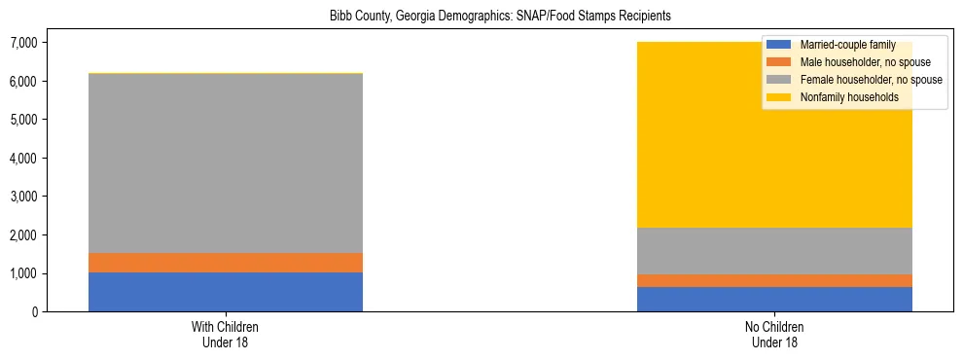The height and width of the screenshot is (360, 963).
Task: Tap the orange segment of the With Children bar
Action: coord(226,263)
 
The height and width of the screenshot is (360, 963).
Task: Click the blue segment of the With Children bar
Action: coord(226,292)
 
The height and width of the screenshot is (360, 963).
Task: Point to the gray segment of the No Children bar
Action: coord(774,251)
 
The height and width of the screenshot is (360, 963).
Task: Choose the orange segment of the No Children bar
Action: coord(774,280)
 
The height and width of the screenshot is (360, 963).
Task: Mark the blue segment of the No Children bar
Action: coord(774,299)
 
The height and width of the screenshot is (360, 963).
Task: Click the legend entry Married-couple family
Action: coord(847,45)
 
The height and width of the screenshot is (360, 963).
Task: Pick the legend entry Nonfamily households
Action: coord(848,98)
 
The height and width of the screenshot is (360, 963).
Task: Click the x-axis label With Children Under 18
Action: coord(226,335)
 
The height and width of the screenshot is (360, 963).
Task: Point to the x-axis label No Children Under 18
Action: coord(774,335)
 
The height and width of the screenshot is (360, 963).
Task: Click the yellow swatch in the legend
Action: coord(779,98)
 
